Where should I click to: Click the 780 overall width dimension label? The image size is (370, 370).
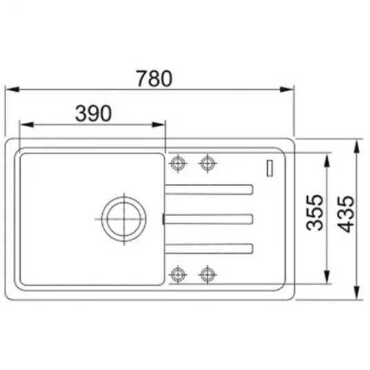click(x=155, y=79)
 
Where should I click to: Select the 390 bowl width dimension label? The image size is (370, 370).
click(x=93, y=113)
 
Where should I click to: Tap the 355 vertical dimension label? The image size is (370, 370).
click(x=314, y=213)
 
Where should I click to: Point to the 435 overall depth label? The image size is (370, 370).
click(x=346, y=214)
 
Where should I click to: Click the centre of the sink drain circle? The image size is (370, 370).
click(x=124, y=219)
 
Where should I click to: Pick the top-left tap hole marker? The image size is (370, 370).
click(x=178, y=163)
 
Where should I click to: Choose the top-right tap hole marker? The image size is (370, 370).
click(x=207, y=163)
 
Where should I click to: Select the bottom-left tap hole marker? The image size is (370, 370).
click(x=178, y=275)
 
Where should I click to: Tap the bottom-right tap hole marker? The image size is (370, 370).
click(x=207, y=275)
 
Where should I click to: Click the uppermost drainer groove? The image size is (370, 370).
click(x=209, y=190)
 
